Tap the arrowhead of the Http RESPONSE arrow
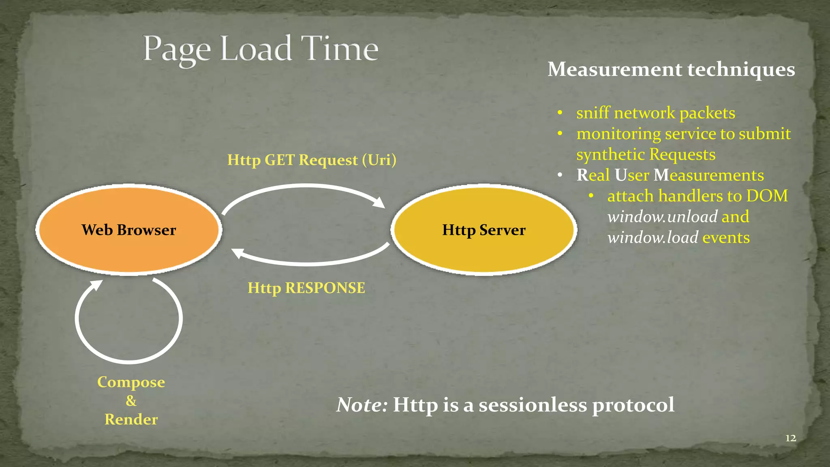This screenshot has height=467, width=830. click(x=237, y=253)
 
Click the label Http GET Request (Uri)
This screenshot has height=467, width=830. click(x=311, y=160)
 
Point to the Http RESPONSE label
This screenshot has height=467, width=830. click(x=306, y=288)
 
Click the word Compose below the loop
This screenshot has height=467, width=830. click(x=131, y=382)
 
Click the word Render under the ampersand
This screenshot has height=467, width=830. click(x=131, y=420)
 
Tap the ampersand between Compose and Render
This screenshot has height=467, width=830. click(x=131, y=401)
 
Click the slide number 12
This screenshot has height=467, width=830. click(x=790, y=438)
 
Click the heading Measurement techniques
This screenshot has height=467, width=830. click(x=671, y=69)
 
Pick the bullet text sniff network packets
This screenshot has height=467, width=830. click(x=655, y=113)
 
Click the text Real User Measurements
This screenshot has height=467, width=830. click(x=670, y=175)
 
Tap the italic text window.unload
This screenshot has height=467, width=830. click(x=662, y=217)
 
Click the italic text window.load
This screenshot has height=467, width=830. click(x=652, y=238)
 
